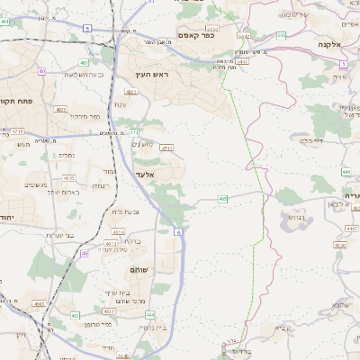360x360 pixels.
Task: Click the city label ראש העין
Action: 153,74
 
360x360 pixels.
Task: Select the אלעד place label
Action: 145,175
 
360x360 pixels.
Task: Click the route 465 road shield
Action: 222,199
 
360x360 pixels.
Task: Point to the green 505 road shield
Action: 282,36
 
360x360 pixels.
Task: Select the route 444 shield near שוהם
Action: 150,315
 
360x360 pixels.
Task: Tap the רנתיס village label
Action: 294,216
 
